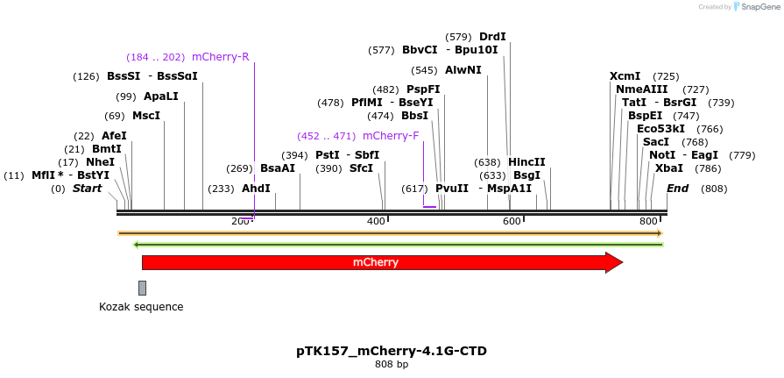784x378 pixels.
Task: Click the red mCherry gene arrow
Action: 377,262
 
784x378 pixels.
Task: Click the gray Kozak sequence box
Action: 142,288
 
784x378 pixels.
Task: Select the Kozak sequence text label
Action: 141,307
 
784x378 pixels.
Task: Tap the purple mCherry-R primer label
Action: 220,57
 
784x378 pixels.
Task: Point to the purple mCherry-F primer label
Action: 391,136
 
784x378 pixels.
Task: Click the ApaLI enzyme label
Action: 160,96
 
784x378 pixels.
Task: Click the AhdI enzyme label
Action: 256,189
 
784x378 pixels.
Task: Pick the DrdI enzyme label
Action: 492,37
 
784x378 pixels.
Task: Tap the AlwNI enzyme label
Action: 463,70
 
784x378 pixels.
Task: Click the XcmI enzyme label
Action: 625,76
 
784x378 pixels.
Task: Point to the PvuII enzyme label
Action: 452,189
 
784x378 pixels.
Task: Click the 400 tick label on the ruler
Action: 375,222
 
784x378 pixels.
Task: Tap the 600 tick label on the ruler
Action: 512,222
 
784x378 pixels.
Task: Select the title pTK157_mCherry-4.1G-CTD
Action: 392,351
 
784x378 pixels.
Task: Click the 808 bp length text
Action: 392,364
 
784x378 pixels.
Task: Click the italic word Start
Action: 87,189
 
